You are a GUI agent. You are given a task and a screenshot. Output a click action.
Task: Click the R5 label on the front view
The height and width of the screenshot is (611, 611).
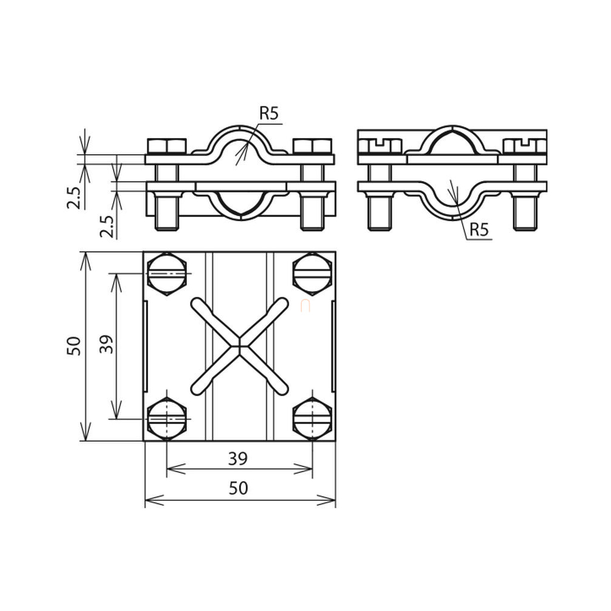point(270,113)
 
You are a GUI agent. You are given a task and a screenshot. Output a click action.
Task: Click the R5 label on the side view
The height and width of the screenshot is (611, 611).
point(479,229)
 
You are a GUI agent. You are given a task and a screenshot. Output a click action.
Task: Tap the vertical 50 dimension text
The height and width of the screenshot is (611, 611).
point(74,345)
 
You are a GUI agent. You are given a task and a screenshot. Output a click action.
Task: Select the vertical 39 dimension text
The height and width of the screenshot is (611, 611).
point(106,344)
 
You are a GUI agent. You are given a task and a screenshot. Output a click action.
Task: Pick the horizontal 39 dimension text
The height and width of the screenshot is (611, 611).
point(238,459)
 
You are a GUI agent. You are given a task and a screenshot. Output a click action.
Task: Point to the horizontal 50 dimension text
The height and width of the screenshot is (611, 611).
point(238,488)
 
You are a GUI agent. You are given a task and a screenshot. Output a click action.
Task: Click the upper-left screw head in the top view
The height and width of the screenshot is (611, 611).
point(167,274)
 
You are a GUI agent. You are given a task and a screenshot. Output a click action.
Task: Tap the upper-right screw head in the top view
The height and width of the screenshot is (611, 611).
point(313,274)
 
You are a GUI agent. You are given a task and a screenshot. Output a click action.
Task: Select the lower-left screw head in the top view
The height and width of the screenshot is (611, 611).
point(167,419)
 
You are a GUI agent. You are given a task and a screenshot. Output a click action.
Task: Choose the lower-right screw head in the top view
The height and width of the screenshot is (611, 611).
point(313,419)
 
